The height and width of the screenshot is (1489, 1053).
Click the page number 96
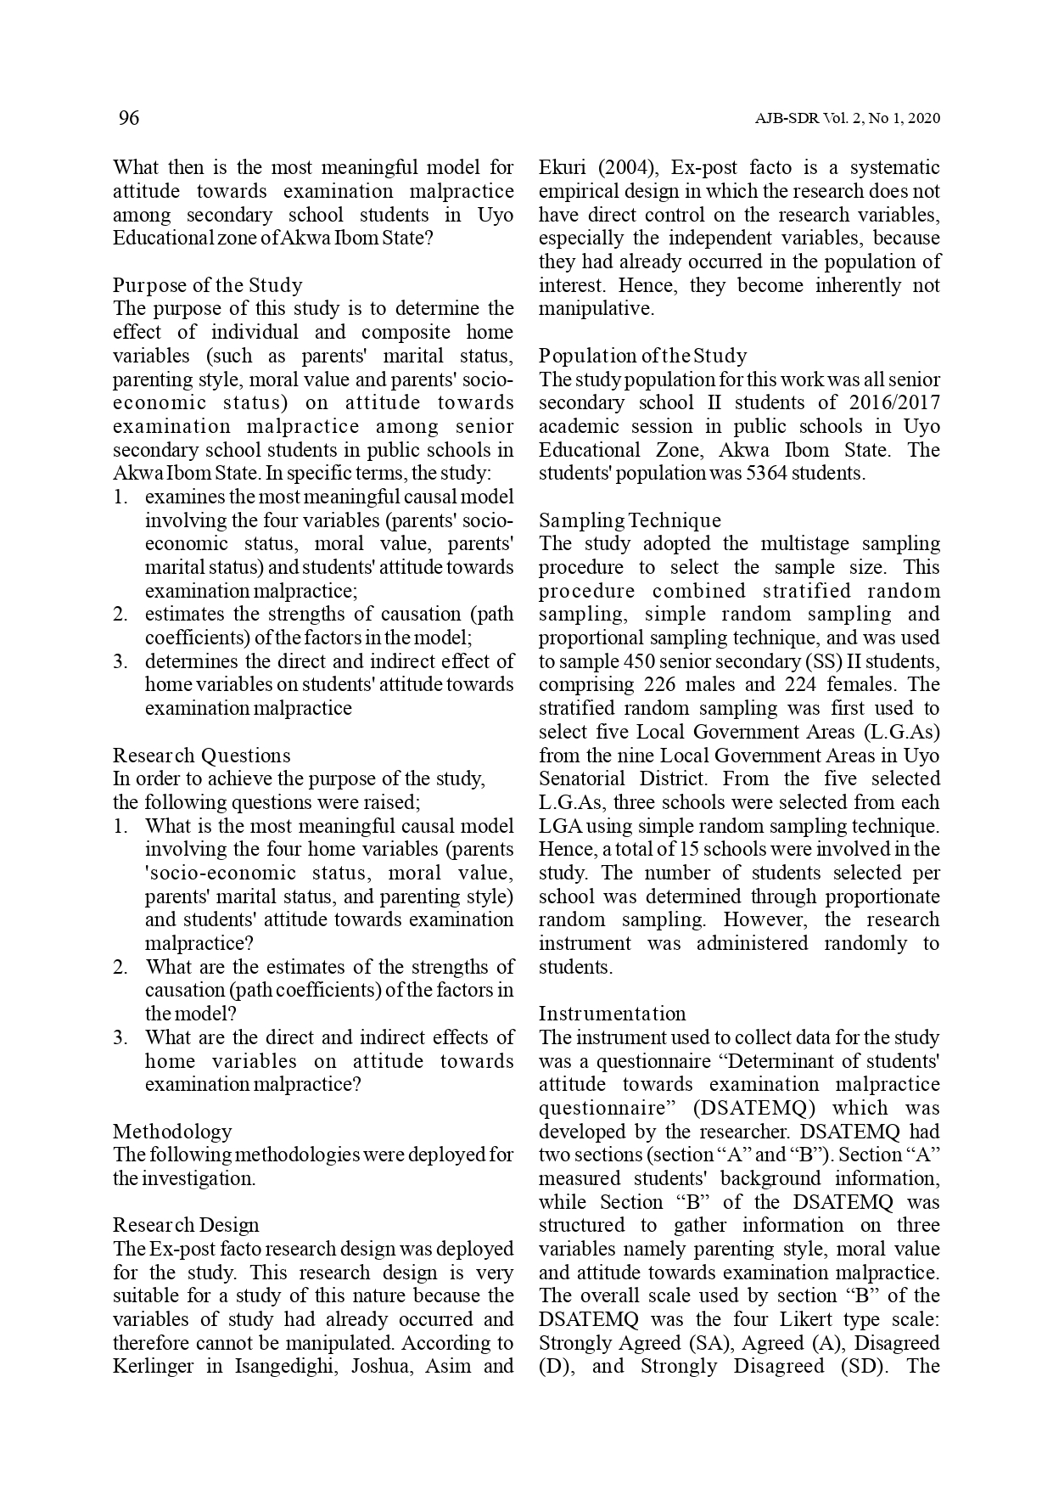128,118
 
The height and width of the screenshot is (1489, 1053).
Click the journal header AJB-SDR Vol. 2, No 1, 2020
847,119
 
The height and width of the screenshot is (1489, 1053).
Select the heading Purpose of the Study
207,285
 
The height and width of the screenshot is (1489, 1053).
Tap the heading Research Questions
201,756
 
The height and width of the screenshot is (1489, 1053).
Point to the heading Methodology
171,1132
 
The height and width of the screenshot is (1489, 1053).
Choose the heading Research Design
186,1225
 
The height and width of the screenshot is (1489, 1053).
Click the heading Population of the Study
642,356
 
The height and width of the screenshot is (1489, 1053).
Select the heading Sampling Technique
630,520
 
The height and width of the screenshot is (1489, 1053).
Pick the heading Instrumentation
612,1014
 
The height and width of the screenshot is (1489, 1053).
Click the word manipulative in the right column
596,309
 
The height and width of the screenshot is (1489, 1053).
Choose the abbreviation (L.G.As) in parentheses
901,732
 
